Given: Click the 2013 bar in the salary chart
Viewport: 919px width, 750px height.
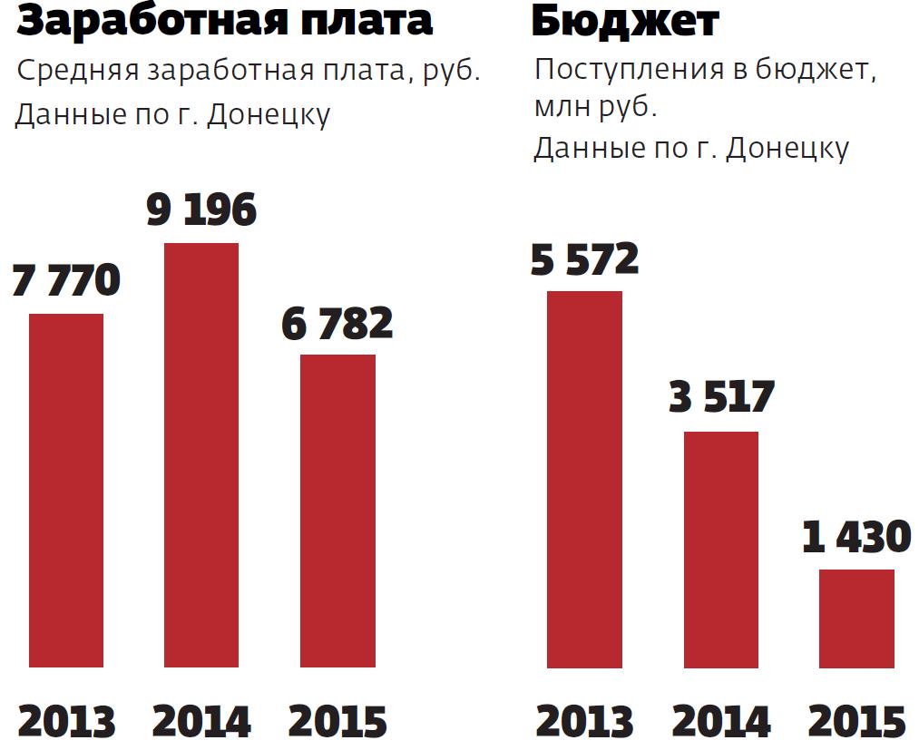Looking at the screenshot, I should (66, 490).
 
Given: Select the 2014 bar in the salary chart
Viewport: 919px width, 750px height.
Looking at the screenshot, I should (200, 454).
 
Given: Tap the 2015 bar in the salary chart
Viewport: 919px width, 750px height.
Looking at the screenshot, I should (337, 511).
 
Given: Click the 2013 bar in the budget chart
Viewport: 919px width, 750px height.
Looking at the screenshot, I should (585, 479).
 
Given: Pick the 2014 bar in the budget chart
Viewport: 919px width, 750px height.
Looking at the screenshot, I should (721, 550).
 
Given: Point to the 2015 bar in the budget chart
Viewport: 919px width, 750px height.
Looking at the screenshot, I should (856, 619).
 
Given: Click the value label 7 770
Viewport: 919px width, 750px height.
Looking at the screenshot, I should (66, 280).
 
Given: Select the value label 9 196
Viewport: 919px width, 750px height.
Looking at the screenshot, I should (201, 209).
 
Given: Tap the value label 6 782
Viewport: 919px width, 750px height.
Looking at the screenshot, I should (337, 323).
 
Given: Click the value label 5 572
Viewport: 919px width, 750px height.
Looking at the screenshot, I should (585, 258).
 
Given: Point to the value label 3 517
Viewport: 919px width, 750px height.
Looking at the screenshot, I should (721, 397).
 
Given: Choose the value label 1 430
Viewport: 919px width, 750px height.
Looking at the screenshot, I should (856, 537).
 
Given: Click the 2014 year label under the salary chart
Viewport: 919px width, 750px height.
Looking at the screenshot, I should (201, 722).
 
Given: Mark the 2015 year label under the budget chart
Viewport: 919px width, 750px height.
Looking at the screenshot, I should (856, 723).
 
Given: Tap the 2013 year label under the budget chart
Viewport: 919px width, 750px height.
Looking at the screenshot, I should (585, 723).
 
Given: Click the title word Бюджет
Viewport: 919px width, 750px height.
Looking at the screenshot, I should (625, 22).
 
